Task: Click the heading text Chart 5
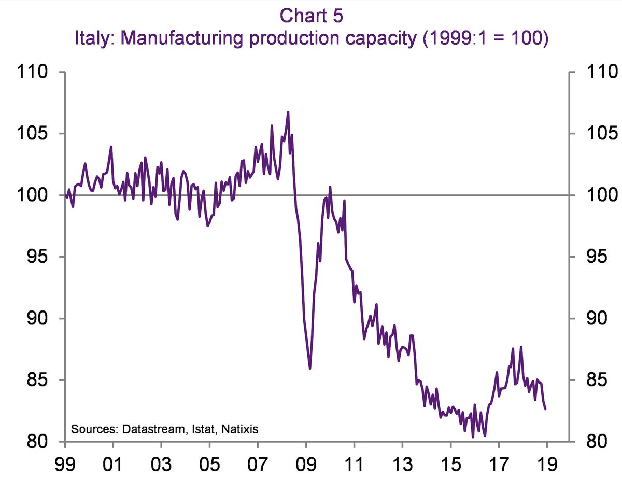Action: [x=311, y=16]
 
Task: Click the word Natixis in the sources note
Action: [x=242, y=429]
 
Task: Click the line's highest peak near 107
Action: [x=288, y=112]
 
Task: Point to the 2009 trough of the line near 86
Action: [x=310, y=368]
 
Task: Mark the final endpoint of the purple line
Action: [x=545, y=409]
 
